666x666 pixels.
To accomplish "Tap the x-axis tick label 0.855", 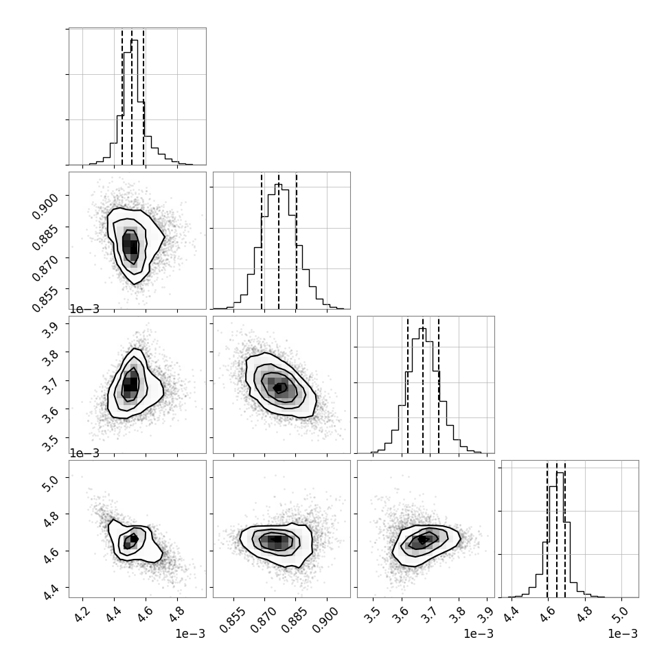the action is [x=233, y=620].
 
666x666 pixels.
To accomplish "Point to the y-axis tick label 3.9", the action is [x=49, y=330].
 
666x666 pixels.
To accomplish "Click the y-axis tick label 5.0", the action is [x=49, y=483].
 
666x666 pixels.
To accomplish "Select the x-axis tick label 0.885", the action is [x=296, y=620].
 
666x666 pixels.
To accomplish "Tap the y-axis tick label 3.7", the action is [x=49, y=387].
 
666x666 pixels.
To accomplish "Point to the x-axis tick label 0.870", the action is [x=264, y=620].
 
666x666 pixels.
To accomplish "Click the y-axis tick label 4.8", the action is [x=49, y=520].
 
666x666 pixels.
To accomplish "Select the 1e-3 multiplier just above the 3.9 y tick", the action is [x=84, y=309].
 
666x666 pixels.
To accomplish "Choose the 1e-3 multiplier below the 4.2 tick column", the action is [x=190, y=634].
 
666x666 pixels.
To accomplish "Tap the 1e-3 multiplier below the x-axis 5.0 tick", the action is [x=623, y=634].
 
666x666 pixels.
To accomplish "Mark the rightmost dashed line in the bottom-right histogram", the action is [x=565, y=529].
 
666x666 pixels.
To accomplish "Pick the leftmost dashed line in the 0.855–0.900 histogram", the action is [x=262, y=241].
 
